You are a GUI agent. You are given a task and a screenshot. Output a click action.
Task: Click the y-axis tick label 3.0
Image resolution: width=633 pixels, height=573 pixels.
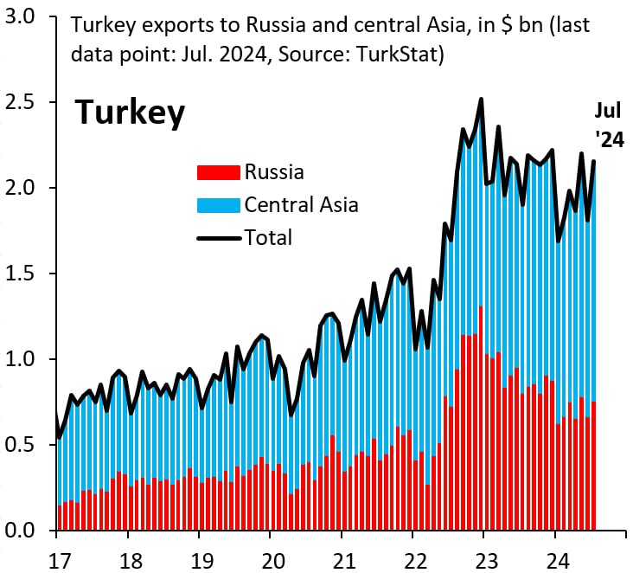pos(21,17)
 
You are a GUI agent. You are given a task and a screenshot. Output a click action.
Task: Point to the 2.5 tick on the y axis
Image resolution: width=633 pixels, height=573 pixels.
pos(21,103)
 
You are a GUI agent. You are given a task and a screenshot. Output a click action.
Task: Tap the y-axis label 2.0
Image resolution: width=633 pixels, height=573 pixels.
pos(21,189)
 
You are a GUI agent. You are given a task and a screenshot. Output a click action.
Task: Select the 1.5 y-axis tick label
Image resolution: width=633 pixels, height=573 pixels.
pos(21,274)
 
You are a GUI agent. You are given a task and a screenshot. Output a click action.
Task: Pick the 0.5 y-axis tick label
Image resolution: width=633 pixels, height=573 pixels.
pos(21,445)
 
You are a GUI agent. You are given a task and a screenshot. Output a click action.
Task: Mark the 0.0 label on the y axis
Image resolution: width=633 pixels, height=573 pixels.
pos(21,531)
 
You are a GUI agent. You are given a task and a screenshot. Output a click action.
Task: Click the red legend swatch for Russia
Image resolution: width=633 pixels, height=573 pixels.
pos(219,172)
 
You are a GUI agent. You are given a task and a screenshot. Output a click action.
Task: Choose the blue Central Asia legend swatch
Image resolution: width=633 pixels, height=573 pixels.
pos(219,205)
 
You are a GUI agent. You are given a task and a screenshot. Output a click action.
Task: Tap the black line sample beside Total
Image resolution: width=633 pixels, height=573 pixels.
pos(219,237)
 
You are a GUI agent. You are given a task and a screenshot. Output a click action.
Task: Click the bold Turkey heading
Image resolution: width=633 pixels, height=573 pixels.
pos(130,113)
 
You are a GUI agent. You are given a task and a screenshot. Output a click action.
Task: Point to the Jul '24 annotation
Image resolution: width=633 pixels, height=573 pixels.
pos(608,126)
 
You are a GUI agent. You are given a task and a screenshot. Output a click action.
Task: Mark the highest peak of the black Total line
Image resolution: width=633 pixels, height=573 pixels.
pos(481,100)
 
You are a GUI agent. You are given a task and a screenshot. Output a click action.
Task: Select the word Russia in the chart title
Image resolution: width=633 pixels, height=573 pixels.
pos(246,26)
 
